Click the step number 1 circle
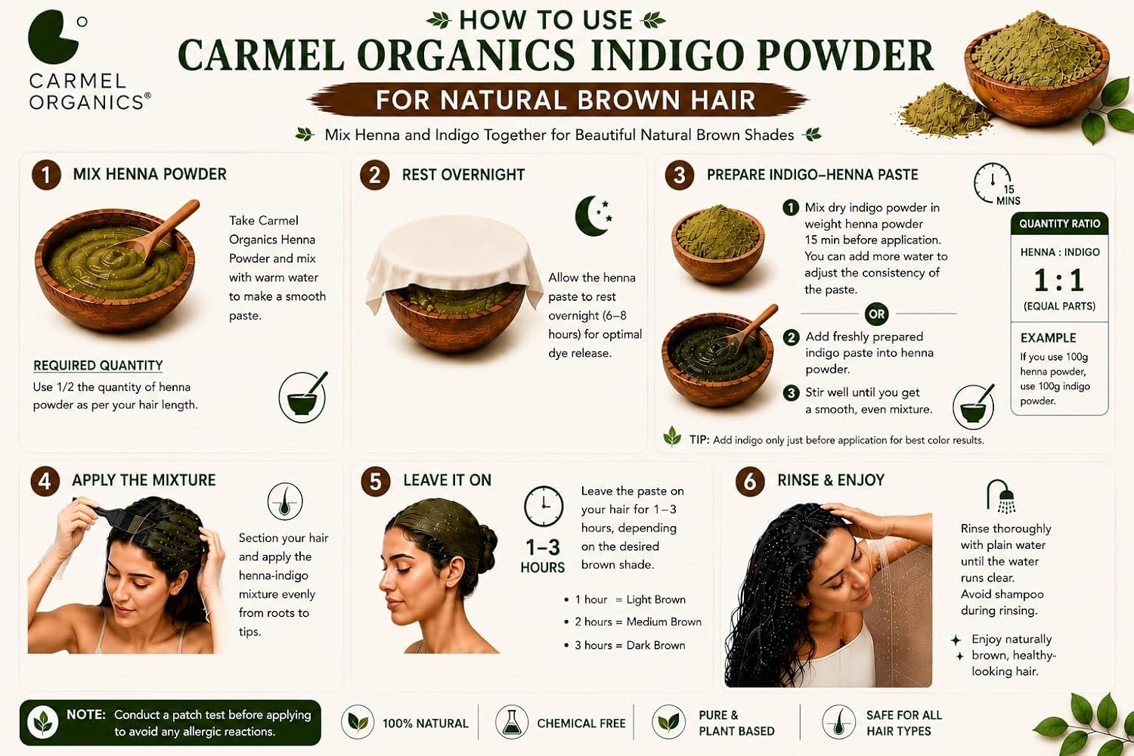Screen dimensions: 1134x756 [x=46, y=175]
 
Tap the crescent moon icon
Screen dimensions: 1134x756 [x=590, y=217]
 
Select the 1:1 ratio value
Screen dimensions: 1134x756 [x=1058, y=280]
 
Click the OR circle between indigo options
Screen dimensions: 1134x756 [x=876, y=314]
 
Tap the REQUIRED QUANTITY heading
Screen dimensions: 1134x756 [x=98, y=366]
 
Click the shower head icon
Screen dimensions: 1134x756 [x=1001, y=496]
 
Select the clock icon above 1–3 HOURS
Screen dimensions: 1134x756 [x=544, y=506]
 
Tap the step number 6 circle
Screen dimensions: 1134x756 [x=750, y=481]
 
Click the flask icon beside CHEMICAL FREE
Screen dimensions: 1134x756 [x=512, y=721]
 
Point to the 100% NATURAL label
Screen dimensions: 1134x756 [x=425, y=723]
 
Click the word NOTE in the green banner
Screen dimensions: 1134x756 [x=86, y=714]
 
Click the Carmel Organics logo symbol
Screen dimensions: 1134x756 [x=54, y=37]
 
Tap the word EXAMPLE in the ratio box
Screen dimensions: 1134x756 [x=1048, y=338]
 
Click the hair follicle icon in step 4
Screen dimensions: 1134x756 [x=285, y=501]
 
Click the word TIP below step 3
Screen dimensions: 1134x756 [x=699, y=440]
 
